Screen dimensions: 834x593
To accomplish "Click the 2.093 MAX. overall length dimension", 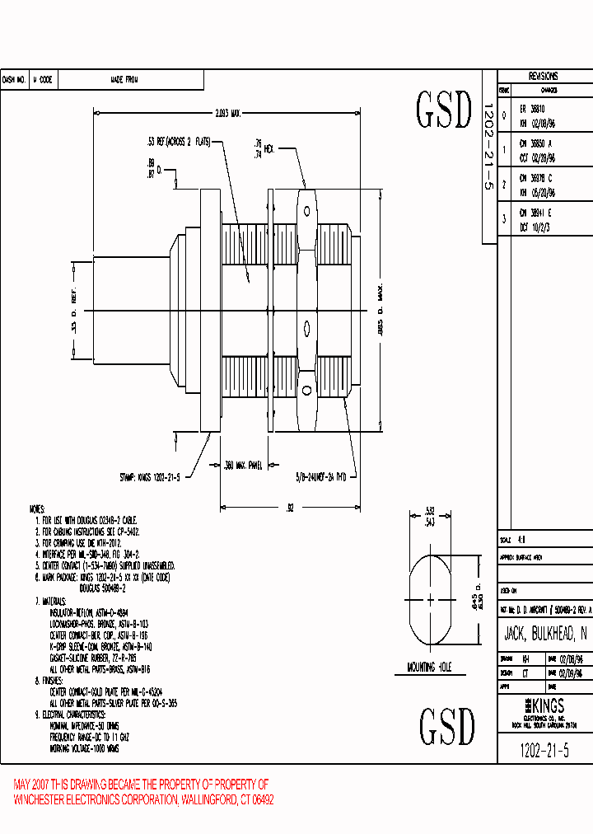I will click(222, 113).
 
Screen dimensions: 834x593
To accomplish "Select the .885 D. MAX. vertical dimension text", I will click(380, 312).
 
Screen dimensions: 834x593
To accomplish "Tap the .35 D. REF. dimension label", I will click(73, 311).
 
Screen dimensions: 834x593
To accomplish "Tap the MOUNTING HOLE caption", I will click(429, 668).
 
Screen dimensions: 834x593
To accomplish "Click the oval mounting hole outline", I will click(429, 598).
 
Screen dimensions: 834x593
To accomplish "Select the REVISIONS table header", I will click(543, 75).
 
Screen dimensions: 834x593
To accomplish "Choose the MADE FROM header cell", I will click(124, 80).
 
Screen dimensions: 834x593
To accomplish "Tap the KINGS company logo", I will click(544, 706).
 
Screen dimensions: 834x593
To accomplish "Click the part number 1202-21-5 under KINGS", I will click(544, 750).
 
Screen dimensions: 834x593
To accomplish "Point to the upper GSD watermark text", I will click(444, 110).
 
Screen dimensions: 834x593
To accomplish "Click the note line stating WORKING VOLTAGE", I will click(85, 750).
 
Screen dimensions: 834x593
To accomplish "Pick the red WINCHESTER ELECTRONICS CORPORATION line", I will click(144, 799).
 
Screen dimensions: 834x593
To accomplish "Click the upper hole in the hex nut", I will click(306, 202).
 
